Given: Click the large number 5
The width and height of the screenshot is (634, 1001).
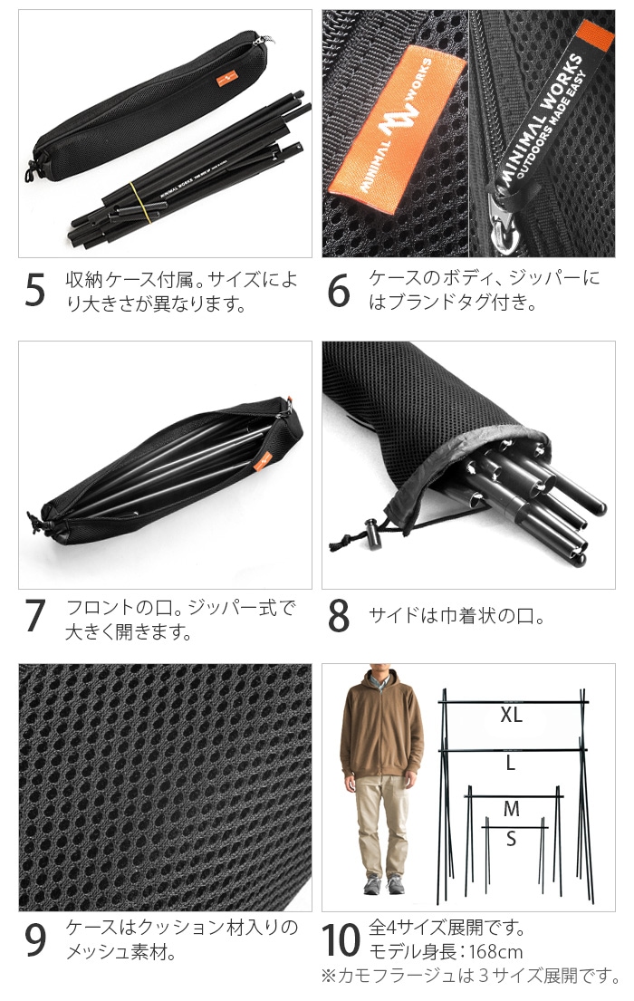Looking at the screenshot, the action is coord(35,291).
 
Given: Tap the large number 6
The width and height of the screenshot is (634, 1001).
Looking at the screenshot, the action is coord(339,291).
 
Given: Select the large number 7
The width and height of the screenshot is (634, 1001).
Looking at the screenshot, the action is coord(35,615).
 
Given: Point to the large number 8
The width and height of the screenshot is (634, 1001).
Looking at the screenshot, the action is coord(339,615).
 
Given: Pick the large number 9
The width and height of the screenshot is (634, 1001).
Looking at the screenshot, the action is coord(35,940).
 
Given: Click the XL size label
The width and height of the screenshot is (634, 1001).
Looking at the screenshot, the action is coord(512,715).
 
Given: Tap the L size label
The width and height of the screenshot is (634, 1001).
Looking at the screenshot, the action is coord(511,763).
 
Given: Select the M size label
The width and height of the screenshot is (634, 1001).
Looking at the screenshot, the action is coord(512,809).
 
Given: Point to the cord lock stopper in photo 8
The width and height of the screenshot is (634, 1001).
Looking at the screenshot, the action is coord(370,531).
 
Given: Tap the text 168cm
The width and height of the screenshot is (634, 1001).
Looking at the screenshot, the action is coord(495,952).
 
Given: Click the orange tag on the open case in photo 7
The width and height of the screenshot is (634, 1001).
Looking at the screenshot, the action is coord(263,461).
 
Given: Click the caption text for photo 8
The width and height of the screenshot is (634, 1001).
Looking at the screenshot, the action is coord(457,616).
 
